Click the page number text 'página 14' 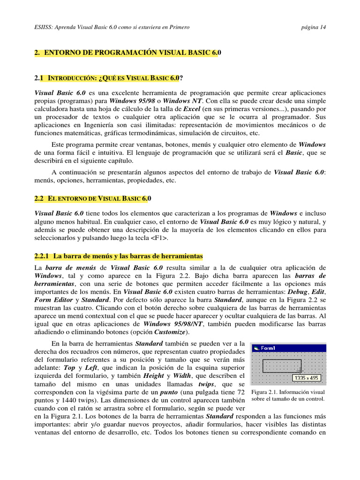[314, 27]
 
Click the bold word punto [169, 392]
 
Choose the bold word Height [153, 375]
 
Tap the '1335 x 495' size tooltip [307, 377]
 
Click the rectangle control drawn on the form [281, 366]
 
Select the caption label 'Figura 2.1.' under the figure [265, 392]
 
